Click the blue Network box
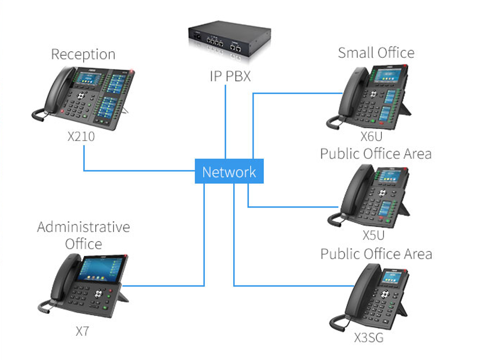pos(229,171)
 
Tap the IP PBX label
pos(230,76)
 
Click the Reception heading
pos(83,55)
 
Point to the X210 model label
pos(81,137)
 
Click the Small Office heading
pos(376,53)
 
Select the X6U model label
pos(372,136)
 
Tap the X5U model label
pos(373,236)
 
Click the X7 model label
pos(82,331)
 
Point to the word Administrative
pos(83,227)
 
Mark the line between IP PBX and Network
pos(225,122)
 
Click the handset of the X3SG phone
pos(354,295)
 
